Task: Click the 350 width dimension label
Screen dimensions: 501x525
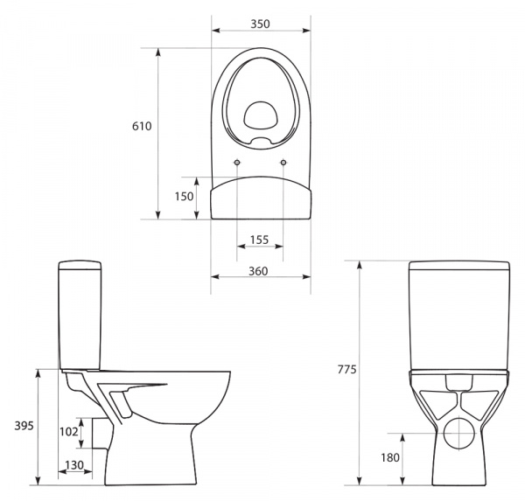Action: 261,24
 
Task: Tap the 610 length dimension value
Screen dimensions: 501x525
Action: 142,126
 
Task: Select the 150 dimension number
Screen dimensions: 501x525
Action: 184,197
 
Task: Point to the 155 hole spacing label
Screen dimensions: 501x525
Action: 258,240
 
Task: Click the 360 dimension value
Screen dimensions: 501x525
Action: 258,271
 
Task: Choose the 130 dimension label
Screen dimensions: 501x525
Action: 75,465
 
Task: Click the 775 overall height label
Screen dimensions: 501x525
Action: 346,370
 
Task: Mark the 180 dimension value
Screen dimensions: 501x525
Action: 389,457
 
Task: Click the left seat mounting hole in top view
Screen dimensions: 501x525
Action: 238,163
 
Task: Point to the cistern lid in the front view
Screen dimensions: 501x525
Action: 459,266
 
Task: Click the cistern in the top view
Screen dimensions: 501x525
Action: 261,198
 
